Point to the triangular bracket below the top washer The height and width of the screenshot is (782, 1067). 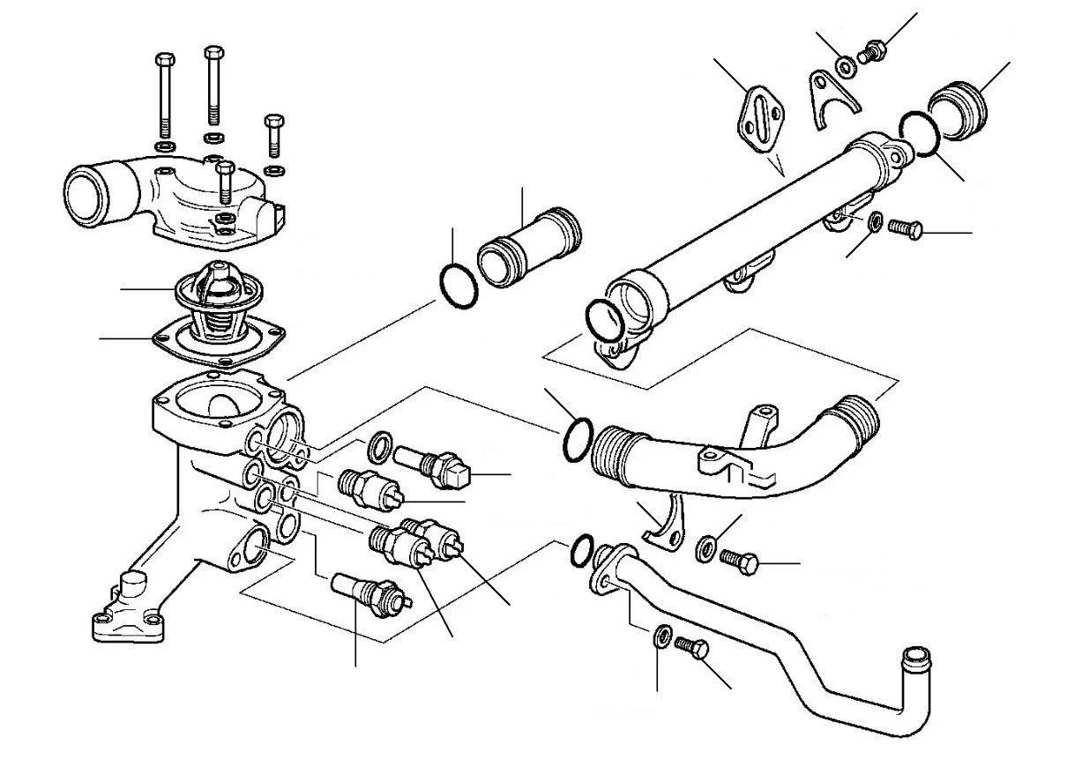coord(832,97)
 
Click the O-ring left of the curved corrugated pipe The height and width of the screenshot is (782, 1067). coord(574,438)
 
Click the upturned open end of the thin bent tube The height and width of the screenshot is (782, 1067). coord(914,657)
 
